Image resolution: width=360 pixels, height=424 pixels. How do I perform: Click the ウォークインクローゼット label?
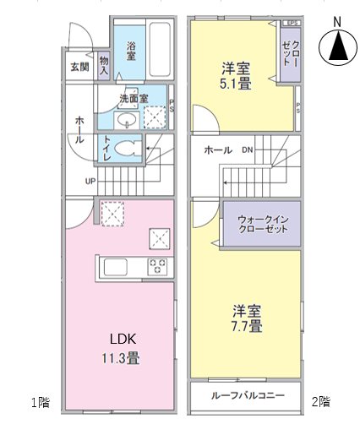261,223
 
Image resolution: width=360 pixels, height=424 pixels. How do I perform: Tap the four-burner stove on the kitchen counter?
158,267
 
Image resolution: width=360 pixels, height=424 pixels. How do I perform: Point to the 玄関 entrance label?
79,67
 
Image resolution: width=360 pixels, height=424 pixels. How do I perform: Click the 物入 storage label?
103,65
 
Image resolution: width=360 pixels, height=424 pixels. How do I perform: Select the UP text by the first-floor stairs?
90,181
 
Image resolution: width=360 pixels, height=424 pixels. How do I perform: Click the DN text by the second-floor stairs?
247,150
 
